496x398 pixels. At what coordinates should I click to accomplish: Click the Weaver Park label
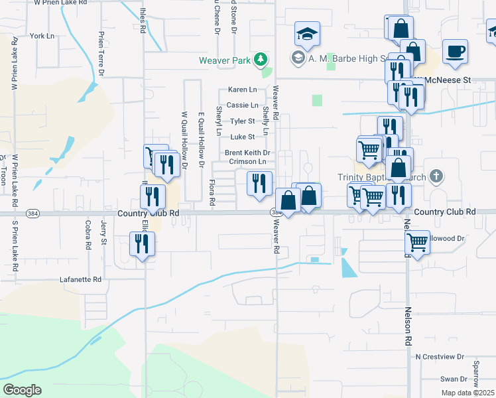pyautogui.click(x=226, y=60)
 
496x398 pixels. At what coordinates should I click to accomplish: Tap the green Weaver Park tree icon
pyautogui.click(x=262, y=60)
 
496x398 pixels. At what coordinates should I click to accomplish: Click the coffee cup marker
pyautogui.click(x=455, y=52)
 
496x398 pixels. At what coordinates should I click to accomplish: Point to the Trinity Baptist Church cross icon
pyautogui.click(x=436, y=176)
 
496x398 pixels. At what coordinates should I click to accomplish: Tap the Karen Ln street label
pyautogui.click(x=242, y=90)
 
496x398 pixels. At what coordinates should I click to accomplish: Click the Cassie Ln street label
pyautogui.click(x=242, y=105)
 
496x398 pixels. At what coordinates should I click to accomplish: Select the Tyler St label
pyautogui.click(x=242, y=121)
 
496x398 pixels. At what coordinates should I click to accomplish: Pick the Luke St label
pyautogui.click(x=242, y=137)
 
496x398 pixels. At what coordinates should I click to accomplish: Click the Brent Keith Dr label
pyautogui.click(x=247, y=153)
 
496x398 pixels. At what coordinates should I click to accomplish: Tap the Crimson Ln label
pyautogui.click(x=247, y=161)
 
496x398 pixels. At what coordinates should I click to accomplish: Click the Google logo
pyautogui.click(x=22, y=390)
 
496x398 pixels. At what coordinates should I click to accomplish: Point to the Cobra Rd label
pyautogui.click(x=88, y=235)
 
